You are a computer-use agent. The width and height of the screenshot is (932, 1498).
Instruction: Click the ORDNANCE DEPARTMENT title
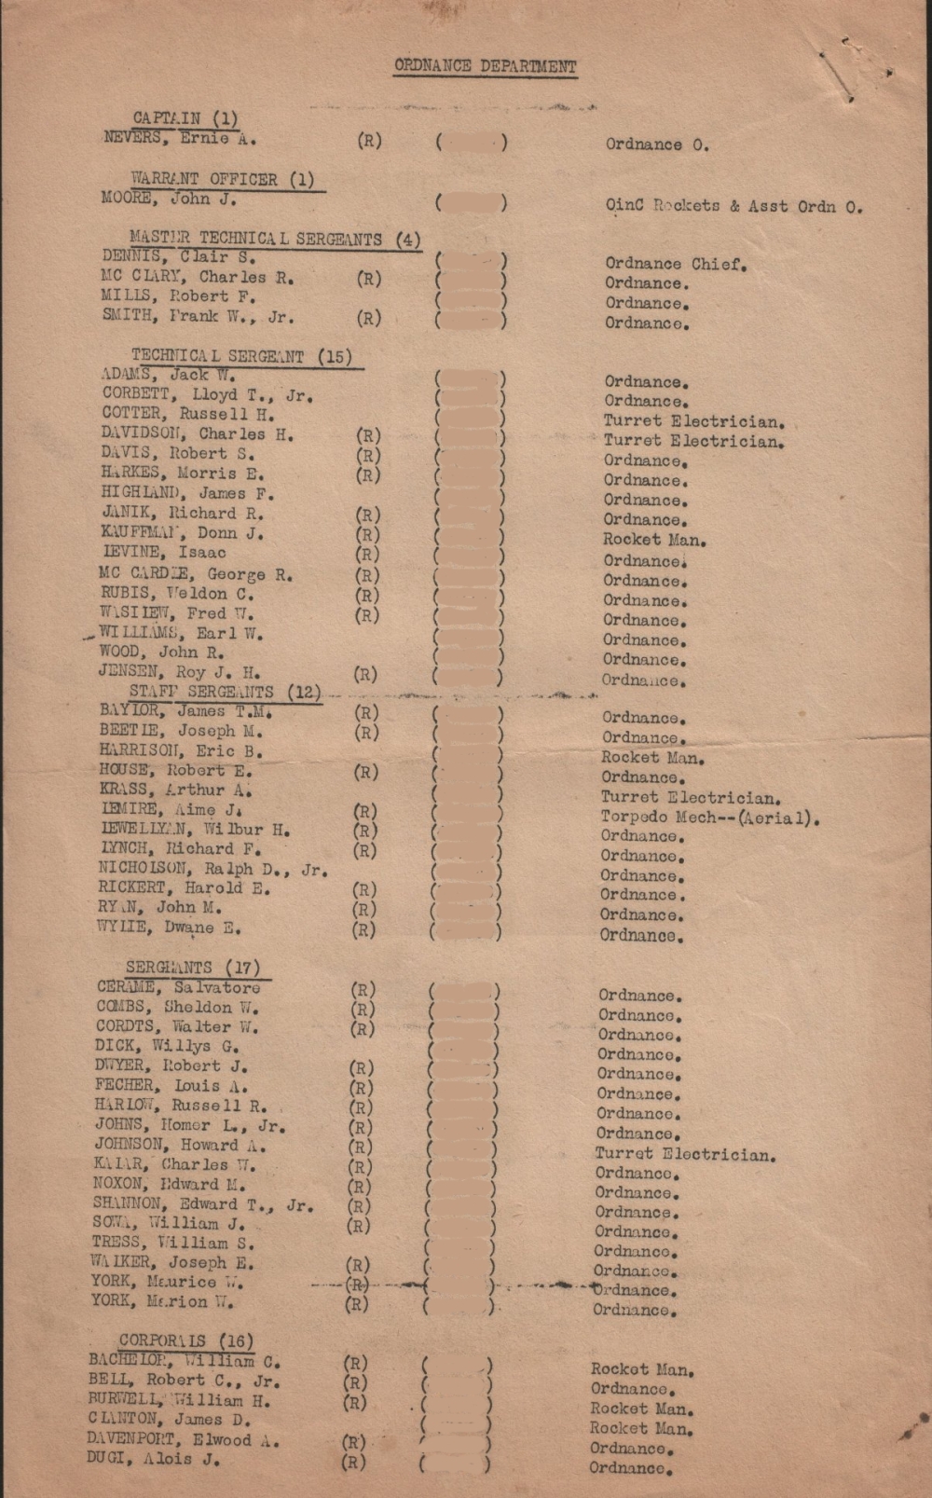click(x=485, y=66)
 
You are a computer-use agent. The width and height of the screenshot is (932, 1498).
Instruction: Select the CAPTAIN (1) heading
click(x=185, y=118)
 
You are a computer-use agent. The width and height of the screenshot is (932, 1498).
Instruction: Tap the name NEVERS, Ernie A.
click(x=180, y=139)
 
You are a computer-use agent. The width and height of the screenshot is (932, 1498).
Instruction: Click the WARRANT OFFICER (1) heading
click(x=222, y=179)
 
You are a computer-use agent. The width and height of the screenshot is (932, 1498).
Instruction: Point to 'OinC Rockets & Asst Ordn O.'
click(x=733, y=206)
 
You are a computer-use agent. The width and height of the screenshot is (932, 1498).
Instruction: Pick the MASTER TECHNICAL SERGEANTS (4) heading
click(x=275, y=239)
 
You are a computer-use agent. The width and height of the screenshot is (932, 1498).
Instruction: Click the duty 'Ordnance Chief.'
click(x=676, y=264)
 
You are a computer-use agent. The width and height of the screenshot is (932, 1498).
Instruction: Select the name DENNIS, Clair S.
click(x=178, y=256)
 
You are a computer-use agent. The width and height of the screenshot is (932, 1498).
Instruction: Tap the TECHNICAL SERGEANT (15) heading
click(x=241, y=355)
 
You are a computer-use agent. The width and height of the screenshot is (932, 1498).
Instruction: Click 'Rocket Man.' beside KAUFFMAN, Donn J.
click(x=654, y=540)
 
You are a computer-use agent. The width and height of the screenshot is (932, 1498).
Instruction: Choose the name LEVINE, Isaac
click(x=163, y=553)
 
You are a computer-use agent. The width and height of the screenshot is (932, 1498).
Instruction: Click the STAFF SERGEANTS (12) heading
click(x=225, y=692)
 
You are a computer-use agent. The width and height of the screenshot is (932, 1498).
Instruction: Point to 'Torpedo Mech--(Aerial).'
click(x=710, y=818)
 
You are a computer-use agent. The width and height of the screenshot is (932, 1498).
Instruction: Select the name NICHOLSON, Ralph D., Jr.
click(x=212, y=869)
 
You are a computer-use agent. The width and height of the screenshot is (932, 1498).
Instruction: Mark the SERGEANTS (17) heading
click(x=193, y=968)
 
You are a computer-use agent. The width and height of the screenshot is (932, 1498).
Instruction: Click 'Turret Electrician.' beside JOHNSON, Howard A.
click(x=685, y=1155)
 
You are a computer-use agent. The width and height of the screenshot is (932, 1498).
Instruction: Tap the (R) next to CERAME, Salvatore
click(x=363, y=990)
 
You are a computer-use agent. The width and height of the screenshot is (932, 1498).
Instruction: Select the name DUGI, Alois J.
click(x=154, y=1460)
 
